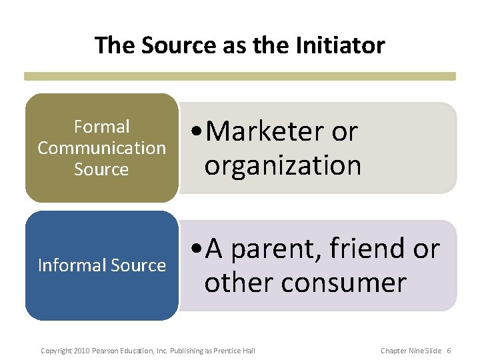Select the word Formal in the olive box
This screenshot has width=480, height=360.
pyautogui.click(x=101, y=127)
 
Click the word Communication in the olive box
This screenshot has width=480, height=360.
pyautogui.click(x=101, y=148)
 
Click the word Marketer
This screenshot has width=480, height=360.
pyautogui.click(x=265, y=132)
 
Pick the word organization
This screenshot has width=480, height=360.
pyautogui.click(x=283, y=165)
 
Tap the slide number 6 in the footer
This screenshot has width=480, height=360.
pyautogui.click(x=449, y=351)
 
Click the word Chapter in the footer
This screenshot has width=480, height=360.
pyautogui.click(x=393, y=351)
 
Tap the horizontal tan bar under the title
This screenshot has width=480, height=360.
pyautogui.click(x=240, y=77)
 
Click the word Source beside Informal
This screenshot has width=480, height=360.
pyautogui.click(x=141, y=265)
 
